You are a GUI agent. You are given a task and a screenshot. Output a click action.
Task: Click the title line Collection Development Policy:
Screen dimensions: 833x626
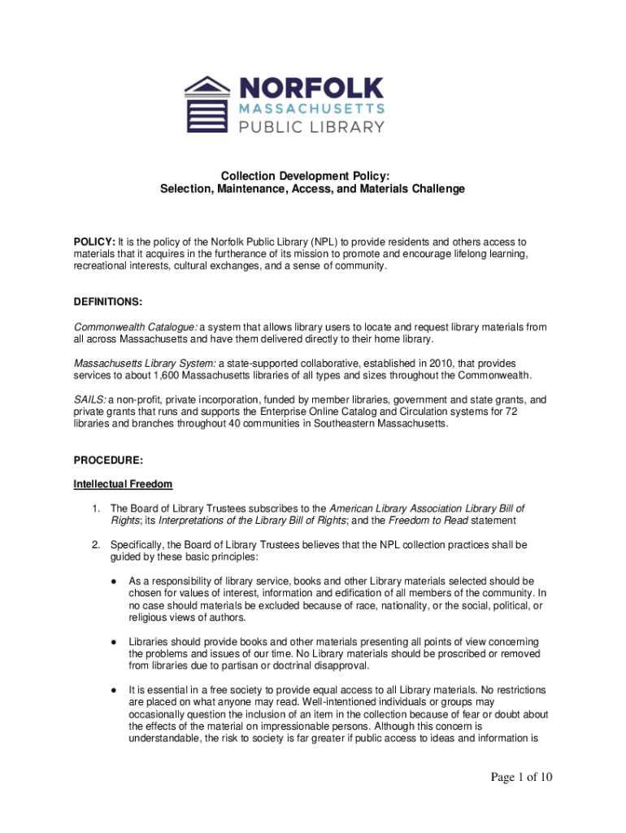(x=312, y=176)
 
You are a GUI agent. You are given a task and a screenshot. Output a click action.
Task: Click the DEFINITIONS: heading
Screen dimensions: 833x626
(x=108, y=302)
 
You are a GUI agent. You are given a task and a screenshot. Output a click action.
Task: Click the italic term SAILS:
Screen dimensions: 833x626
(x=89, y=399)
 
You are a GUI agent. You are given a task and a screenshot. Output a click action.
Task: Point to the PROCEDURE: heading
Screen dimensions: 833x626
(x=107, y=460)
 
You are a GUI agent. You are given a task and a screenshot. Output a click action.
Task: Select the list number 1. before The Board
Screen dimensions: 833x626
(x=96, y=508)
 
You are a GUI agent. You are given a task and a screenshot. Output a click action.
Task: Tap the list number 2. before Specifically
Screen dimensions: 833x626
(x=96, y=544)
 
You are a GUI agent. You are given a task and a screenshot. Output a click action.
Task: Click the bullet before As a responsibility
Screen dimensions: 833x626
(x=114, y=582)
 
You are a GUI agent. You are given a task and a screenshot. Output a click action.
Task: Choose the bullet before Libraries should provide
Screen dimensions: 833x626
(x=114, y=641)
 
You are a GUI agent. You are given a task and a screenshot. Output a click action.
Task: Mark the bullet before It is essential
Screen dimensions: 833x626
(x=114, y=690)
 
